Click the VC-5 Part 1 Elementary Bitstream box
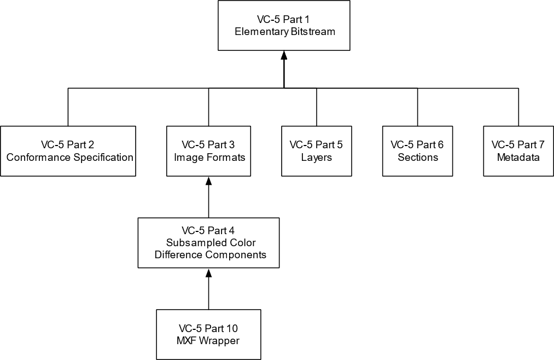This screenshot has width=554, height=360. coord(284,25)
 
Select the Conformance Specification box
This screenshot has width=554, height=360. coord(68,151)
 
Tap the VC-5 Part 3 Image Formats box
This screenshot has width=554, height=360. coord(208,151)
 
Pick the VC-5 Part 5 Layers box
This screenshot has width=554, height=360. coord(317,151)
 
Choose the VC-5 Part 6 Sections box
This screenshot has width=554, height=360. coord(417,151)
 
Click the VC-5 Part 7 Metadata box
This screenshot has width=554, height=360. coord(518,151)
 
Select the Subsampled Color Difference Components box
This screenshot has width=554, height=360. coord(208,242)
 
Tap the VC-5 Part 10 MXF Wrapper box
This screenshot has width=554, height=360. coord(208,334)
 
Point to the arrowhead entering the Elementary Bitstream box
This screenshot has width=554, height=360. coord(284,55)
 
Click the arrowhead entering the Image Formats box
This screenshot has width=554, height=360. coord(208,181)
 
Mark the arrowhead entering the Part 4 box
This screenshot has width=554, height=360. coord(208,272)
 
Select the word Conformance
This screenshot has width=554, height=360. coord(33,158)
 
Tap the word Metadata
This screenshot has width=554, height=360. coord(518,158)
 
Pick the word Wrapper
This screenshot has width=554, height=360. coord(220,341)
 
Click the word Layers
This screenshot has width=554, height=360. coord(317,158)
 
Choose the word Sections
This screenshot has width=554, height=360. coord(417,158)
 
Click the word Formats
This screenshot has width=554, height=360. coord(226,158)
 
